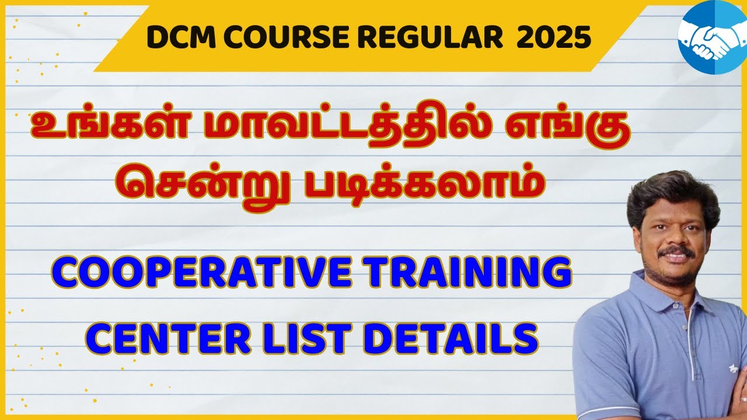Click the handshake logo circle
(710, 37)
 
